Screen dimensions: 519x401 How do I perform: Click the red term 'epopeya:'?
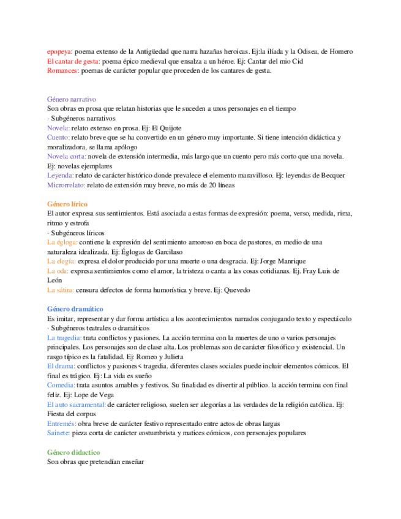tap(60, 52)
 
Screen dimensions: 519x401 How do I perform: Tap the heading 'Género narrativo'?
tap(71, 99)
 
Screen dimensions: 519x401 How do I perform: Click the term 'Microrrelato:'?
tap(66, 184)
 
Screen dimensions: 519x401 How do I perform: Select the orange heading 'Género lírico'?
tap(67, 203)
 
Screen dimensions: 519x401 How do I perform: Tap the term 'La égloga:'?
tap(62, 242)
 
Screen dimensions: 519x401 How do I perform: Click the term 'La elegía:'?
tap(62, 261)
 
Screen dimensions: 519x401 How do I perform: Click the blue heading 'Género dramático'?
tap(75, 309)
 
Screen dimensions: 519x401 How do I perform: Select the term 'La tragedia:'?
tap(64, 338)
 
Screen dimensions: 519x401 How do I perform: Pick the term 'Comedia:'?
tap(61, 385)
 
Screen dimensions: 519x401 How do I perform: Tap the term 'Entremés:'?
tap(62, 423)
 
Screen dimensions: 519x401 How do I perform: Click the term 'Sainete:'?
tap(59, 433)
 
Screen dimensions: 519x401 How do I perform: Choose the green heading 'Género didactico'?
tap(73, 452)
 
